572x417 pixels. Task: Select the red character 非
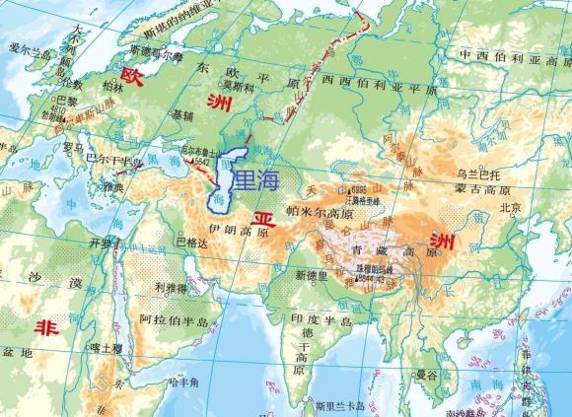click(44, 327)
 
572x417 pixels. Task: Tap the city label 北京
click(511, 208)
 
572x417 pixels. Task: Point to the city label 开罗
click(102, 242)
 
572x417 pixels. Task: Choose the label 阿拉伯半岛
click(175, 320)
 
